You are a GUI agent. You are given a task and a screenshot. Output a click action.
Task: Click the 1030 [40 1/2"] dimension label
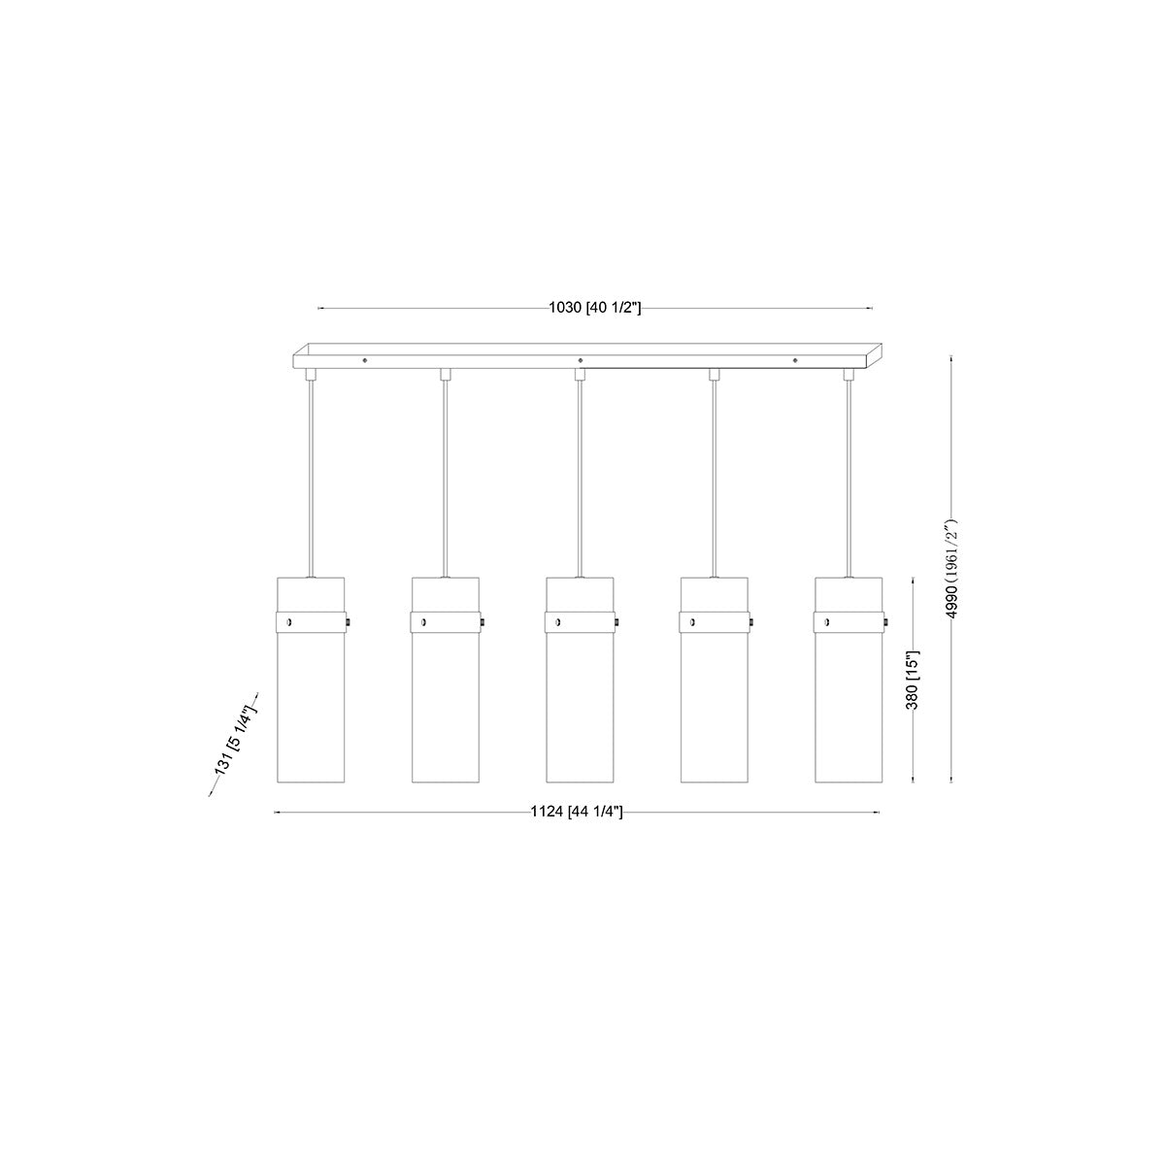coord(594,308)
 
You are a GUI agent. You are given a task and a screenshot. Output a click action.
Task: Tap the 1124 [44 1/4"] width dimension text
coord(576,812)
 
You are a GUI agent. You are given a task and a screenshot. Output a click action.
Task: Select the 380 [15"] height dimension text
coord(913,681)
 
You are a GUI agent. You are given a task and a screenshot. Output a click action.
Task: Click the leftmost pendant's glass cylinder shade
coord(311,680)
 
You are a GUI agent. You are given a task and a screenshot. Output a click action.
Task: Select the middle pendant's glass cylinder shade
coord(580,680)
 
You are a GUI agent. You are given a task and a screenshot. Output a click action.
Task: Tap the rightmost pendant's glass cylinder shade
coord(849,680)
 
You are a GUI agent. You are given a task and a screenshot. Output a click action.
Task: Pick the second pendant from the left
coord(446,680)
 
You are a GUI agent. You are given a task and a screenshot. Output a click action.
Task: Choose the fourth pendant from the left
coord(714,680)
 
